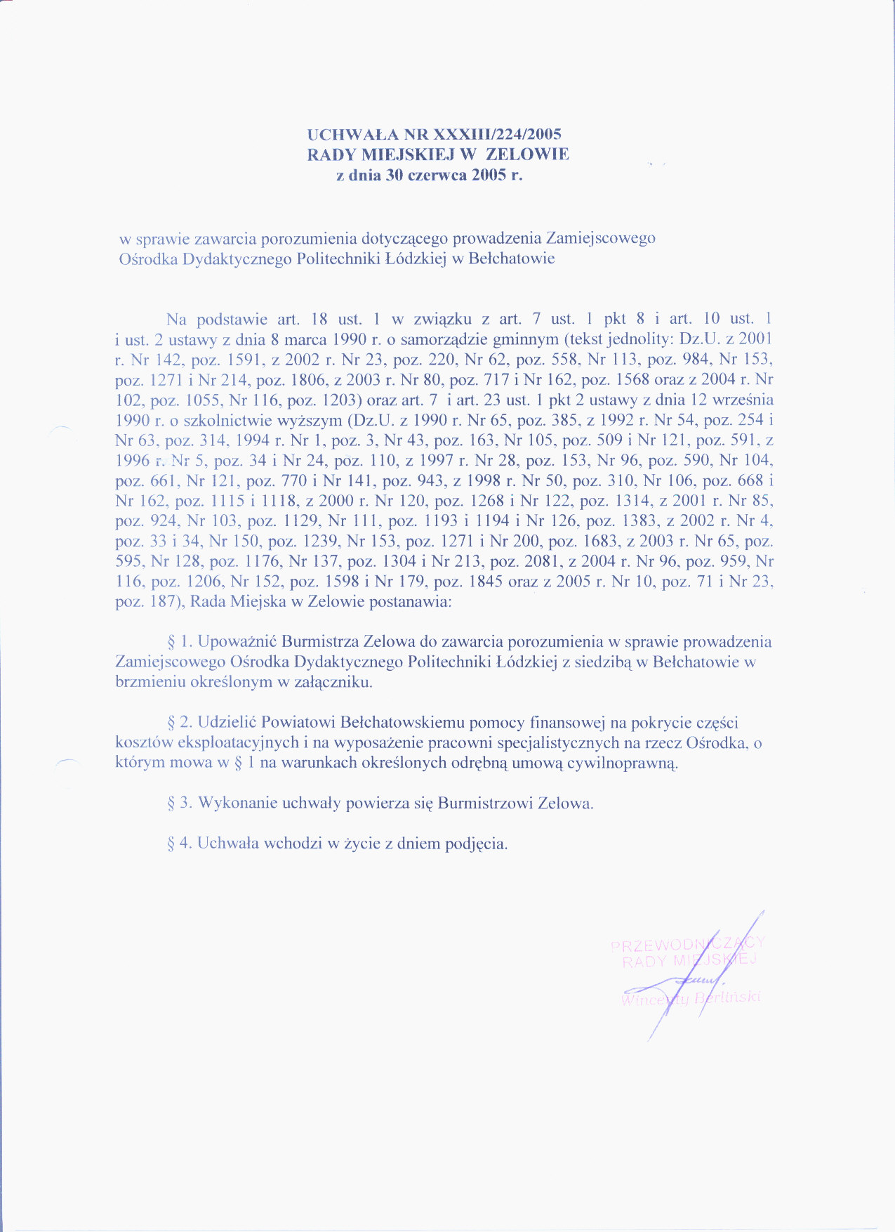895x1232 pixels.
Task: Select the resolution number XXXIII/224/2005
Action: point(498,134)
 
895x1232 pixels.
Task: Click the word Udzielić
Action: point(228,723)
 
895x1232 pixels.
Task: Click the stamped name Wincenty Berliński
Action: point(691,999)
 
